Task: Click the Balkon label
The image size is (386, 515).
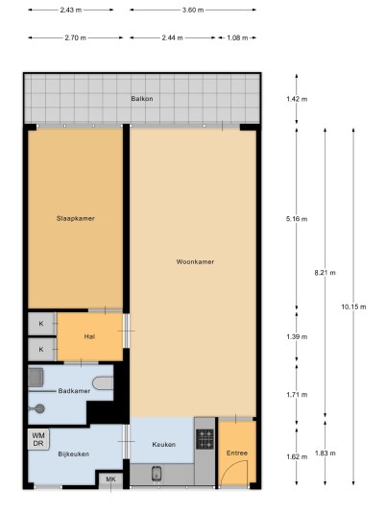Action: tap(142, 99)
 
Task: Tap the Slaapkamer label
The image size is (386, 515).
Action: tap(76, 218)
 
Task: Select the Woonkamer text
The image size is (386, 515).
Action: tap(195, 261)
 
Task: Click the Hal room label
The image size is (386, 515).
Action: tap(89, 336)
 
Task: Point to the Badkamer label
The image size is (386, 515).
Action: tap(74, 391)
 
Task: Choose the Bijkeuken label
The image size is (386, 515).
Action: tap(74, 454)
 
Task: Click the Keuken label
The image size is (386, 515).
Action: tap(164, 445)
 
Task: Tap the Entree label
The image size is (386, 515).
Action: tap(237, 453)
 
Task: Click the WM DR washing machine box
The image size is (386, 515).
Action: tap(38, 439)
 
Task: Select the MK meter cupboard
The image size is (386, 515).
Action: tap(110, 480)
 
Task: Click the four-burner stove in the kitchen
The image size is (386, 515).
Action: tap(205, 439)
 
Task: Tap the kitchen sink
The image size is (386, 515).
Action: tap(157, 474)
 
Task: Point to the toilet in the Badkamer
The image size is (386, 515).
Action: tap(103, 383)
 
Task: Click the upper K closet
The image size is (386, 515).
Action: tap(41, 324)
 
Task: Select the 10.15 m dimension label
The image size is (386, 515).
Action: tap(353, 307)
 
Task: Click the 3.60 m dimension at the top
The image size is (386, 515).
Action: tap(193, 10)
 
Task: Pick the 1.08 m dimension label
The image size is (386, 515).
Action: tap(237, 37)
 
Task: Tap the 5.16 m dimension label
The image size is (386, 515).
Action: tap(297, 219)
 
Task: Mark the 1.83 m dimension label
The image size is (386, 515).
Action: tap(326, 454)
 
